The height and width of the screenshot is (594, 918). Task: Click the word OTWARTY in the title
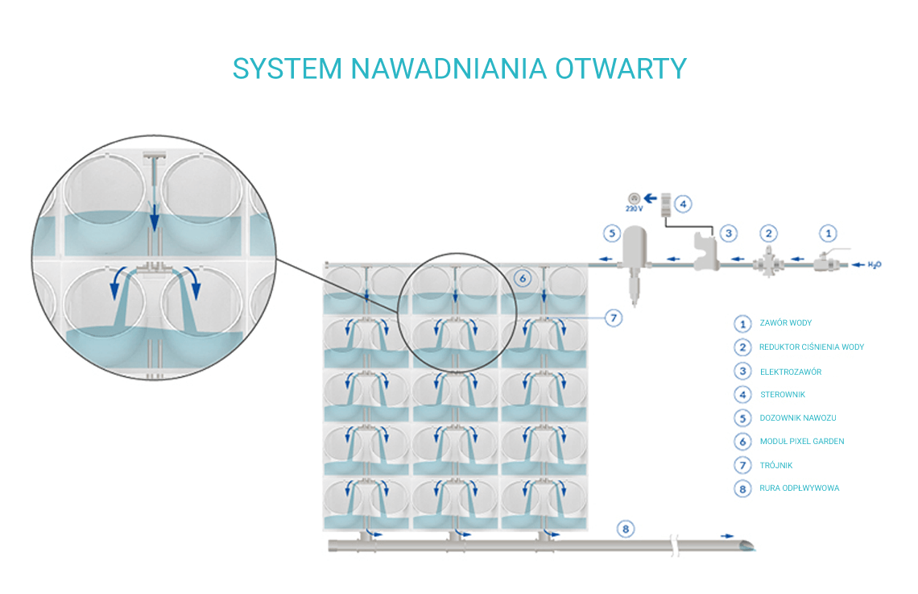tap(621, 69)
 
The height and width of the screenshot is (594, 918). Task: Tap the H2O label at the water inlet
tap(874, 265)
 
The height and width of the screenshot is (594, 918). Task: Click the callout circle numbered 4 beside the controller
tap(683, 204)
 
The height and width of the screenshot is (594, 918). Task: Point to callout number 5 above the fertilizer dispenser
tap(612, 233)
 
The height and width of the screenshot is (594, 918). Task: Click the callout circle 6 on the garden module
tap(523, 278)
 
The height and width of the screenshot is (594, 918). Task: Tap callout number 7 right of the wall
tap(614, 318)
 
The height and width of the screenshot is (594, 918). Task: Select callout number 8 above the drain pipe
tap(625, 530)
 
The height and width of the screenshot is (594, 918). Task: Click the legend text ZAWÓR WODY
tap(786, 322)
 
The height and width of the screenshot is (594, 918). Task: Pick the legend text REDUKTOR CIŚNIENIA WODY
tap(812, 347)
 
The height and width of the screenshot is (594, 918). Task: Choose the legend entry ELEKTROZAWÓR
tap(791, 372)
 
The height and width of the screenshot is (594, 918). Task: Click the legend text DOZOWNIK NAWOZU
tap(798, 417)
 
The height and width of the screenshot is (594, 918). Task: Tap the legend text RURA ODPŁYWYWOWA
tap(799, 488)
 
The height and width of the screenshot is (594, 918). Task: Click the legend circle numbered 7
tap(742, 465)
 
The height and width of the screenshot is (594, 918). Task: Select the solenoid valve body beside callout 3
tap(705, 252)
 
